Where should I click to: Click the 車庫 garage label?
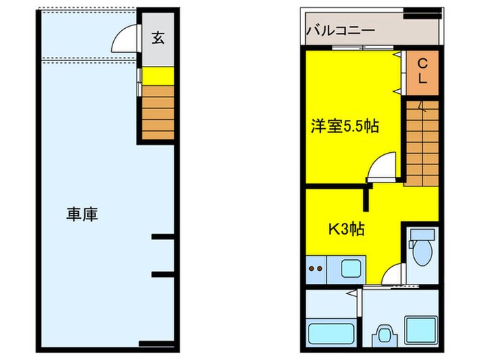coord(82,214)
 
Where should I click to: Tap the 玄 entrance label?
coord(158,38)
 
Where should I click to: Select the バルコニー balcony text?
coord(340,31)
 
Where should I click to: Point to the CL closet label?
coord(422,71)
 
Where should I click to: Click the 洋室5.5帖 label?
coord(345,126)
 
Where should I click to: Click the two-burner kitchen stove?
coord(317,268)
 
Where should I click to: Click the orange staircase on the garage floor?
coord(158,112)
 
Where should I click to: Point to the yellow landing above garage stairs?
coord(158,75)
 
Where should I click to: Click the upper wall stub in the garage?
coord(162,237)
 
